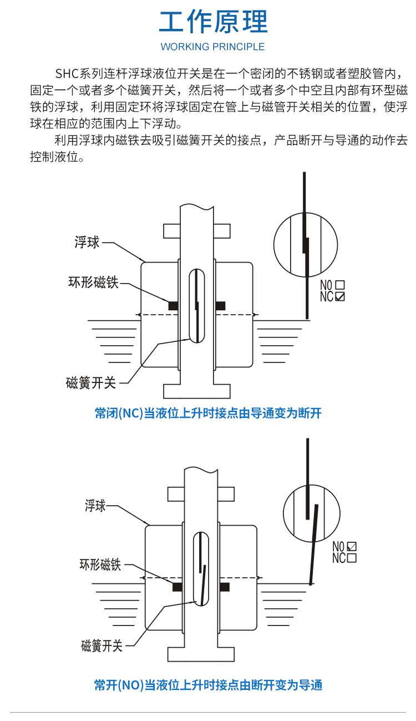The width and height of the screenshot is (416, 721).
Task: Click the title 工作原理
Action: tap(213, 22)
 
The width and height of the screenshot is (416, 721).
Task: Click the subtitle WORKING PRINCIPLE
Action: tap(213, 47)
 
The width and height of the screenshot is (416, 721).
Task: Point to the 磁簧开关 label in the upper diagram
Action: tap(91, 382)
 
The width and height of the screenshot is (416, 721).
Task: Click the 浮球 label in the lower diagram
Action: tap(95, 506)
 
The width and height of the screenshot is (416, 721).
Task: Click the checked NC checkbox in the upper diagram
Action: tap(340, 296)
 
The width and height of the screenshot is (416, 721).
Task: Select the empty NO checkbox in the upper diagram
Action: tap(340, 285)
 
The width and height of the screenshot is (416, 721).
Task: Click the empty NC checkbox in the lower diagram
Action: tap(351, 558)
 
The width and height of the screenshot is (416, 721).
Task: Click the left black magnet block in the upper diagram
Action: tap(173, 305)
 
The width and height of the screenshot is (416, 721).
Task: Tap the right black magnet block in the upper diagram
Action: tap(220, 305)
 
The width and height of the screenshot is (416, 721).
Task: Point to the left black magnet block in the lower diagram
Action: tap(177, 587)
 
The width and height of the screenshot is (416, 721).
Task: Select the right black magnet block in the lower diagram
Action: tap(225, 587)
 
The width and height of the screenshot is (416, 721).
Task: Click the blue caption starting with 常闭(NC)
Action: tap(208, 414)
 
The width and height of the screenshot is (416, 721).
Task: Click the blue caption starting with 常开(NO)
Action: tap(208, 685)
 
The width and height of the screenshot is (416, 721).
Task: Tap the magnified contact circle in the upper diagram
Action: tap(306, 244)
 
